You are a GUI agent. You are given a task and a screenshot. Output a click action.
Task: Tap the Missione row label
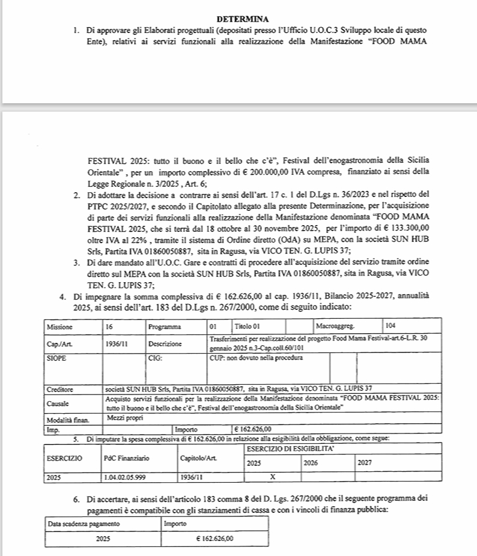(x=60, y=328)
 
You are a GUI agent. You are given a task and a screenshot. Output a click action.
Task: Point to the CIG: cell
(x=155, y=358)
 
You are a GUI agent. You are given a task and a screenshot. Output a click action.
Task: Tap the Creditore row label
(x=60, y=390)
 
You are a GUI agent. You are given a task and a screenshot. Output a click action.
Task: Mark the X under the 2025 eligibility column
(x=272, y=478)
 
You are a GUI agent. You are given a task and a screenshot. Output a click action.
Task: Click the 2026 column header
(x=311, y=464)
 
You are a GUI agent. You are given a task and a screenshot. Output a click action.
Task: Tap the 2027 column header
(x=365, y=464)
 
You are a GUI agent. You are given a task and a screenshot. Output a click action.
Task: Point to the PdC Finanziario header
(x=127, y=458)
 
